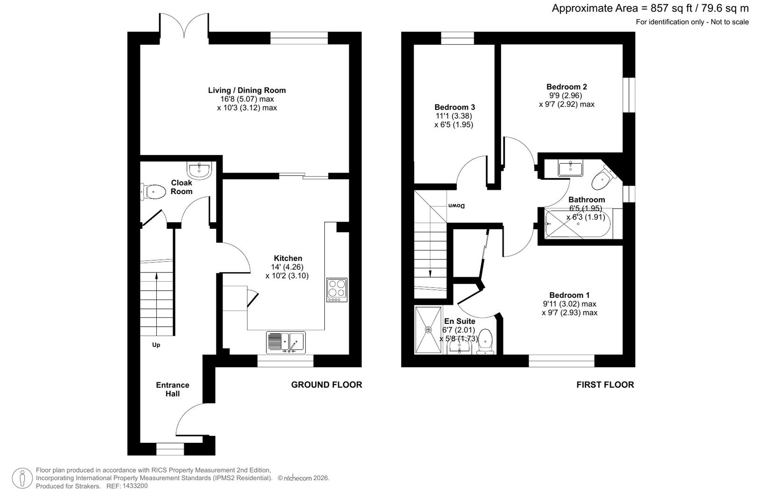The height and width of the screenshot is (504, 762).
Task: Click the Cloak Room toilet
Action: tap(154, 191)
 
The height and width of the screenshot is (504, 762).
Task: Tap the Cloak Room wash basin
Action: tap(200, 169)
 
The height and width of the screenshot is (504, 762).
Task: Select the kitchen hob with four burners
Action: tap(337, 290)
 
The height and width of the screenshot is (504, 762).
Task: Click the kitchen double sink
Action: tap(286, 342)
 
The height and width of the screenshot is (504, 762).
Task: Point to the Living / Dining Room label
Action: tap(247, 90)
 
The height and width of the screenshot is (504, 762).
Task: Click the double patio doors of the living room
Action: tap(185, 27)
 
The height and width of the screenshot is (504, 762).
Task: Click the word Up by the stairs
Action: tap(156, 345)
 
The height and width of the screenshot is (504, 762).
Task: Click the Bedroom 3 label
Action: tap(454, 107)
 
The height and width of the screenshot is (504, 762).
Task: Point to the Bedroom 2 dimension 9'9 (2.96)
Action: tap(565, 96)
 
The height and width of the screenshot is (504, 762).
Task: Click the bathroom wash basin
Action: tap(570, 168)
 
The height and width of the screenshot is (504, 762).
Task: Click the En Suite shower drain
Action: tap(428, 330)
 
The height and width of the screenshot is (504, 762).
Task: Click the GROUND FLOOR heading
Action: tap(326, 385)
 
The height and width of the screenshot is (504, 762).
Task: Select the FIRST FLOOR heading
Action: tap(605, 385)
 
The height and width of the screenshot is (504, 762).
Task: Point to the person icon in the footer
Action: tap(22, 478)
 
